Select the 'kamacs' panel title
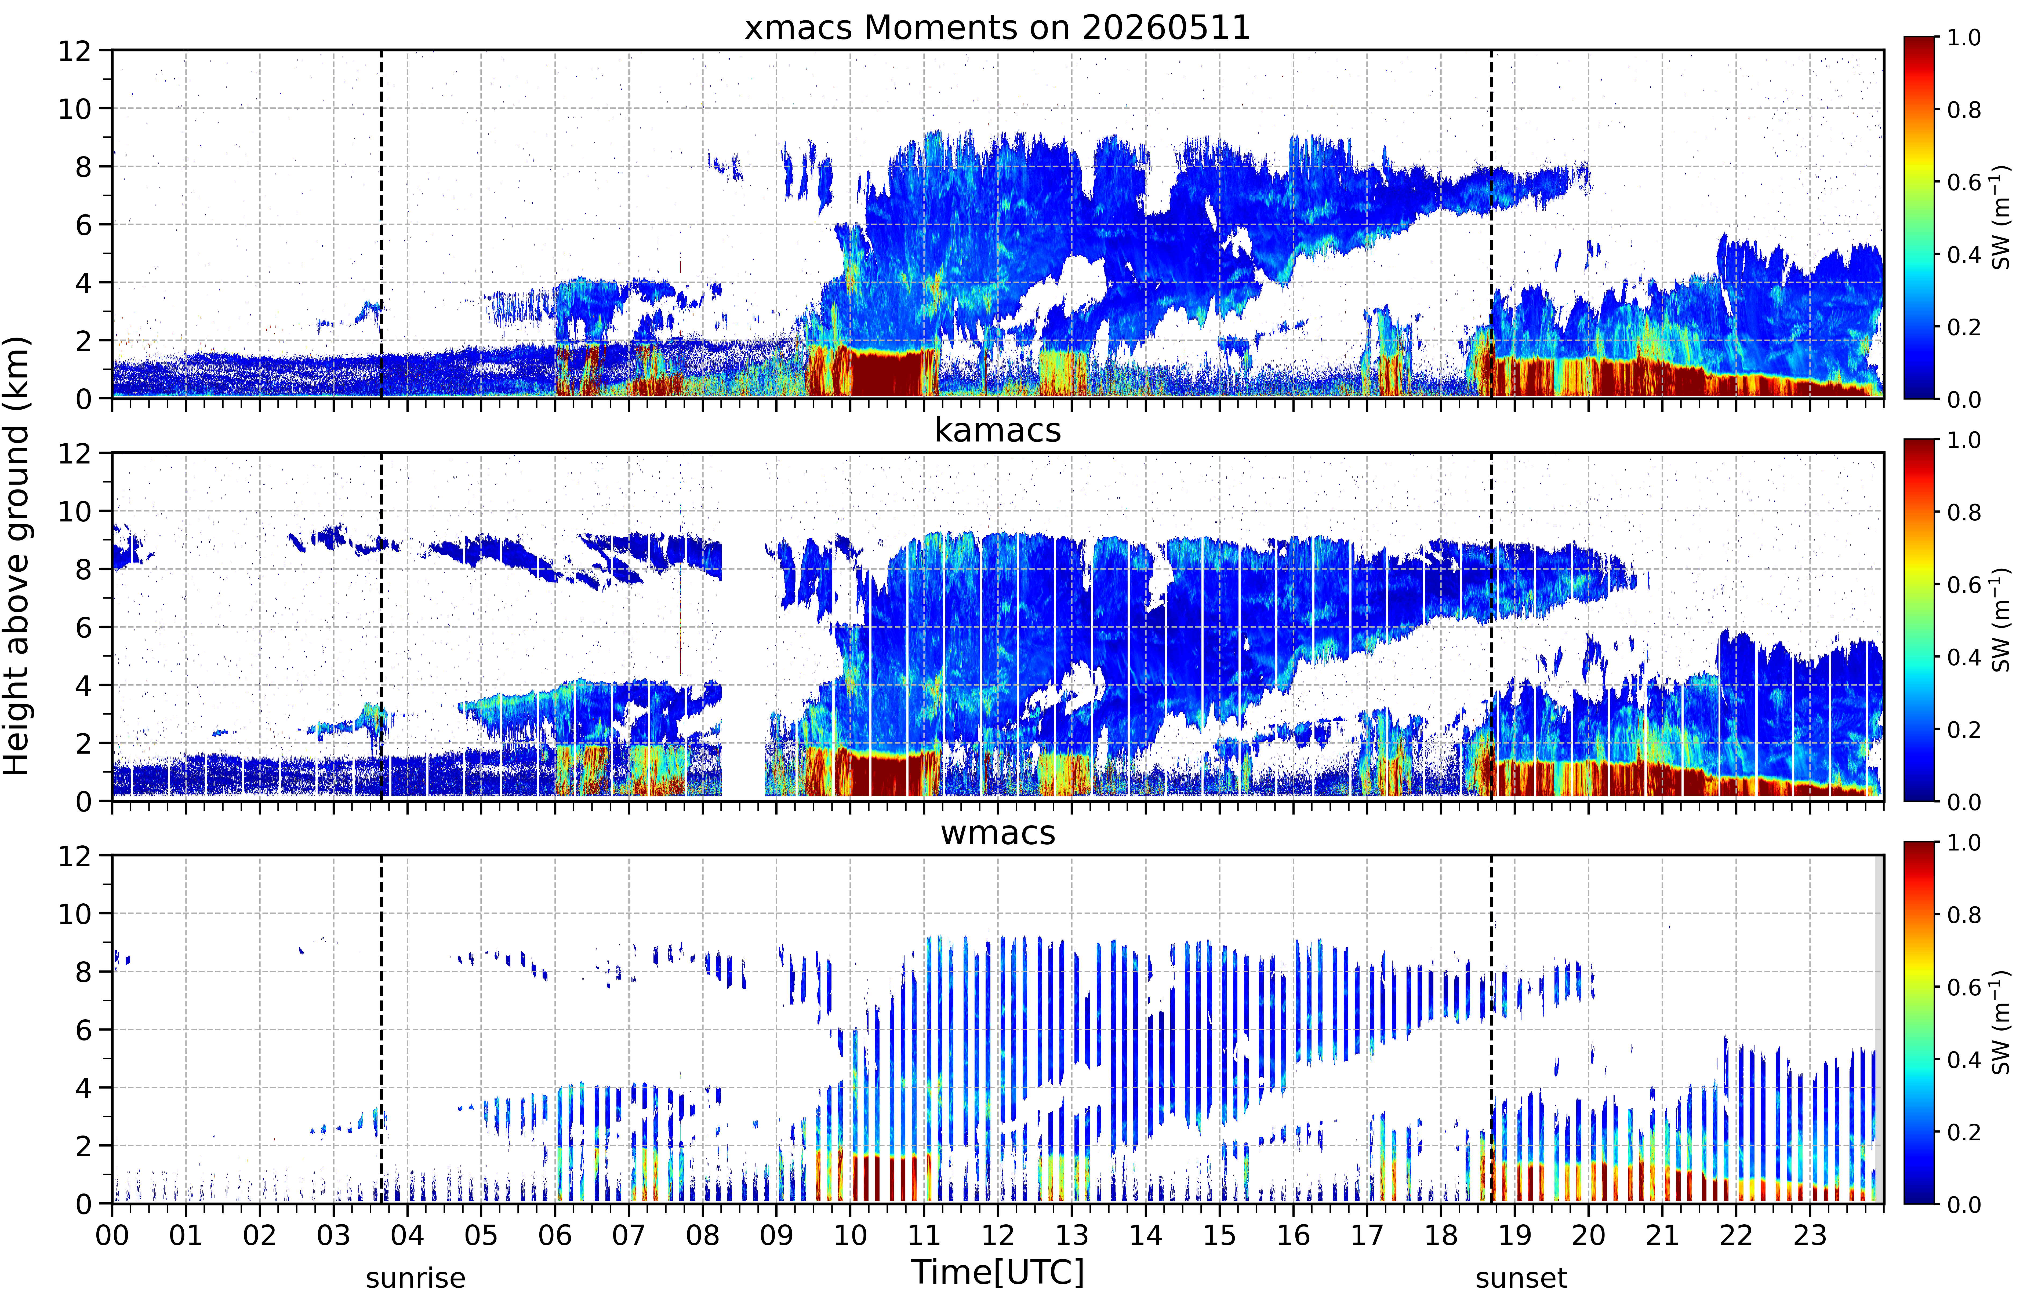click(x=997, y=430)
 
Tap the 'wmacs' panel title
click(x=997, y=833)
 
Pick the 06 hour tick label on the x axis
click(x=555, y=1235)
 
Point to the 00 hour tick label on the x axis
click(x=112, y=1235)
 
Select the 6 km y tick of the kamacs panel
click(x=83, y=627)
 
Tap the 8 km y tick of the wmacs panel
click(x=83, y=972)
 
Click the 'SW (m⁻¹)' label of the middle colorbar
click(x=2001, y=620)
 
